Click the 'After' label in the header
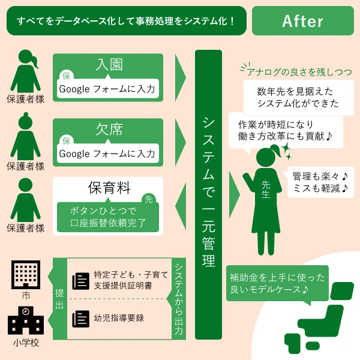point(302,21)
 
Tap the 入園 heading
point(109,65)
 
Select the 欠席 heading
point(109,129)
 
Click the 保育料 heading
point(109,188)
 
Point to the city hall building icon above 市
point(26,275)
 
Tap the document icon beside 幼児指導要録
point(80,319)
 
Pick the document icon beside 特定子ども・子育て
point(80,281)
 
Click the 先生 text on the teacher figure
point(266,189)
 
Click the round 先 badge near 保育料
point(149,199)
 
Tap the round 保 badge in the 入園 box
point(67,76)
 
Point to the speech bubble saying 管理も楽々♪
point(320,182)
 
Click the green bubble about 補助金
point(277,284)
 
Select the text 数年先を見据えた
point(295,91)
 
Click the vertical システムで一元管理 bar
point(208,194)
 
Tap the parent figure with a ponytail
point(25,71)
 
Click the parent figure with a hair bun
point(25,136)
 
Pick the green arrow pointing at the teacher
point(235,194)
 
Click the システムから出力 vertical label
point(179,299)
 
